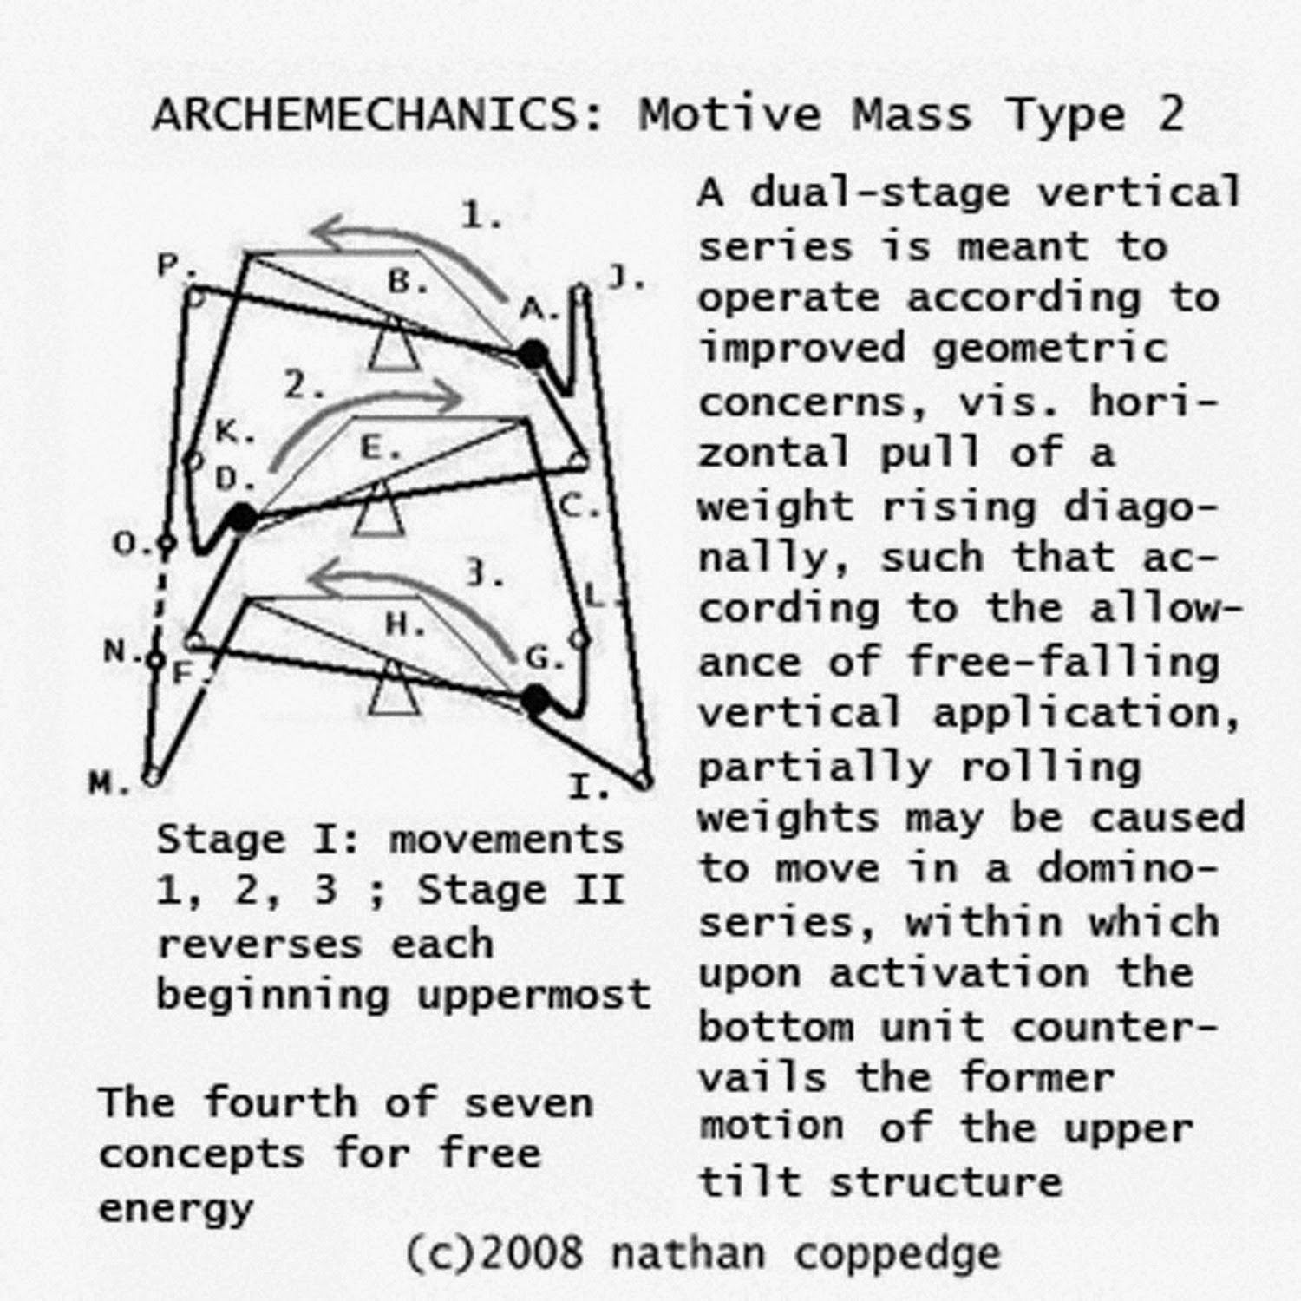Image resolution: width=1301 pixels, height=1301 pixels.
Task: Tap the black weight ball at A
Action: [x=533, y=354]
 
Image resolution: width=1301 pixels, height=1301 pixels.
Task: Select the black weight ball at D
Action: [x=242, y=518]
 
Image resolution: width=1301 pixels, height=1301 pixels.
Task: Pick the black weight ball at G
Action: [x=536, y=699]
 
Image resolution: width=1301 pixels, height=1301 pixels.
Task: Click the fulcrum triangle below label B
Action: [x=394, y=346]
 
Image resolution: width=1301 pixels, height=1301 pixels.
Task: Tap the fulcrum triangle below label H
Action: [x=395, y=690]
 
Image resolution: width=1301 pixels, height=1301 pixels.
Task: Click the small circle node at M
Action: [x=153, y=775]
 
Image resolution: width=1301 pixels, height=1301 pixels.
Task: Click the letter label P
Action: [x=170, y=265]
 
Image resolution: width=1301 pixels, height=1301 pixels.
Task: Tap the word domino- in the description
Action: [x=1128, y=867]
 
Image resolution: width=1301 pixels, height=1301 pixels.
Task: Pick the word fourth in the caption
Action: [x=280, y=1103]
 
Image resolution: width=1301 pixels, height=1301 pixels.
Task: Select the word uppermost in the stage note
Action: [x=533, y=995]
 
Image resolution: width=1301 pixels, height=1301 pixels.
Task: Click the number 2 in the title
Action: [x=1170, y=115]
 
